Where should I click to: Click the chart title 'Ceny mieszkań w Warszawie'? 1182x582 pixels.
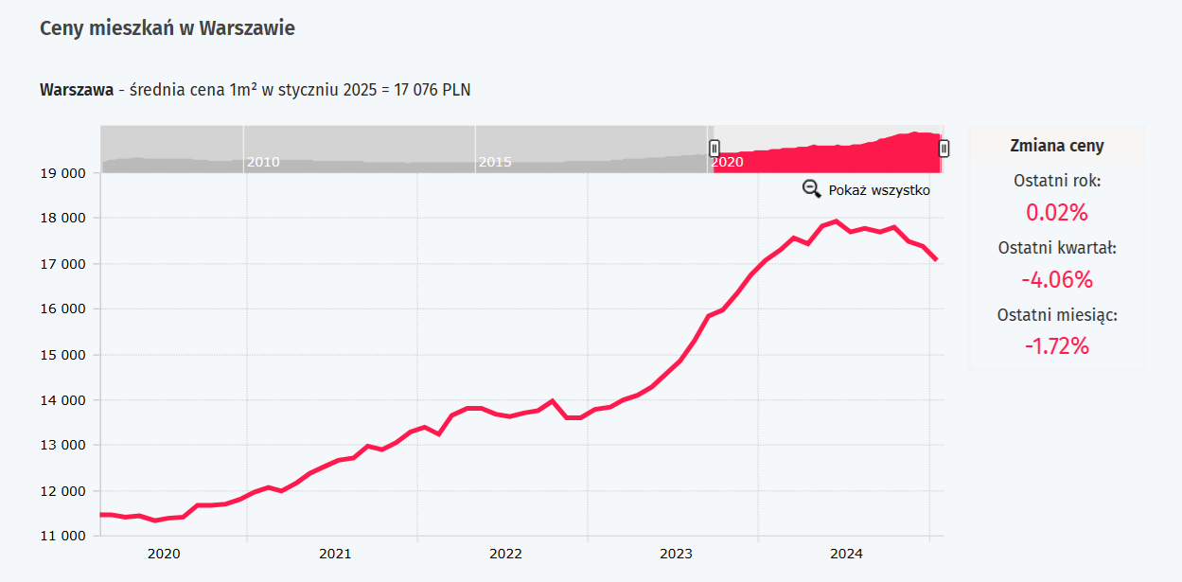(x=168, y=28)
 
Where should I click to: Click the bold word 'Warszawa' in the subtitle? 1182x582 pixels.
(x=76, y=90)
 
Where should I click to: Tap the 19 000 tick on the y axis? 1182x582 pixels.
(x=61, y=173)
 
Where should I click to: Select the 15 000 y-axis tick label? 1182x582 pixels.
(x=61, y=355)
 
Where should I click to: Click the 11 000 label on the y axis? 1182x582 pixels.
(x=61, y=537)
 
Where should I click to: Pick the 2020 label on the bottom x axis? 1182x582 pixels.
(x=164, y=554)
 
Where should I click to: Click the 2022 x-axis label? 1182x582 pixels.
(x=505, y=554)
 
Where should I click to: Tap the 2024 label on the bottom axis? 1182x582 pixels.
(x=846, y=554)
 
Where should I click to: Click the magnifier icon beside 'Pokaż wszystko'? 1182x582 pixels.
(x=811, y=189)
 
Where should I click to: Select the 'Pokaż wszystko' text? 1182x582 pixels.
(x=879, y=190)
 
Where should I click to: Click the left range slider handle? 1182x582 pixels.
(x=714, y=148)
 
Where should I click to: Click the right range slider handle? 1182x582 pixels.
(x=944, y=148)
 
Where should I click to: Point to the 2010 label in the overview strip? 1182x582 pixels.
(x=262, y=162)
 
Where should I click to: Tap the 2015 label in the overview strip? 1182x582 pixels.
(x=494, y=162)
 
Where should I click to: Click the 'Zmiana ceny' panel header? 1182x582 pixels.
(x=1057, y=146)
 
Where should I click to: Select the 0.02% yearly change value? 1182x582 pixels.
(x=1057, y=212)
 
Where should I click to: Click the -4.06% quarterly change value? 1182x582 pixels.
(x=1057, y=279)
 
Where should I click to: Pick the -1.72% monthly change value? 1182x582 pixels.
(x=1057, y=345)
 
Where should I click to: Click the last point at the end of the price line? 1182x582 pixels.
(x=937, y=259)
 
